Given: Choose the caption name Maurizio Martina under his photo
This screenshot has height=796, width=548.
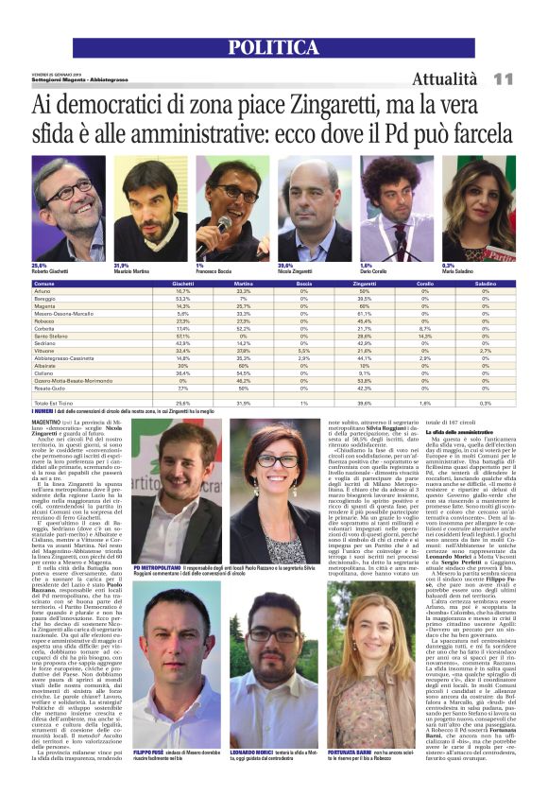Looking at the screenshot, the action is (136, 271).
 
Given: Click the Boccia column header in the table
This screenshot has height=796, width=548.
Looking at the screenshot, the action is (303, 283).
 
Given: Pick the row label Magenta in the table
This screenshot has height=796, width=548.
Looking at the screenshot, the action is (46, 306).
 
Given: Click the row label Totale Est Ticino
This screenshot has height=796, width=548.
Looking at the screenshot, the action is (56, 404).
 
